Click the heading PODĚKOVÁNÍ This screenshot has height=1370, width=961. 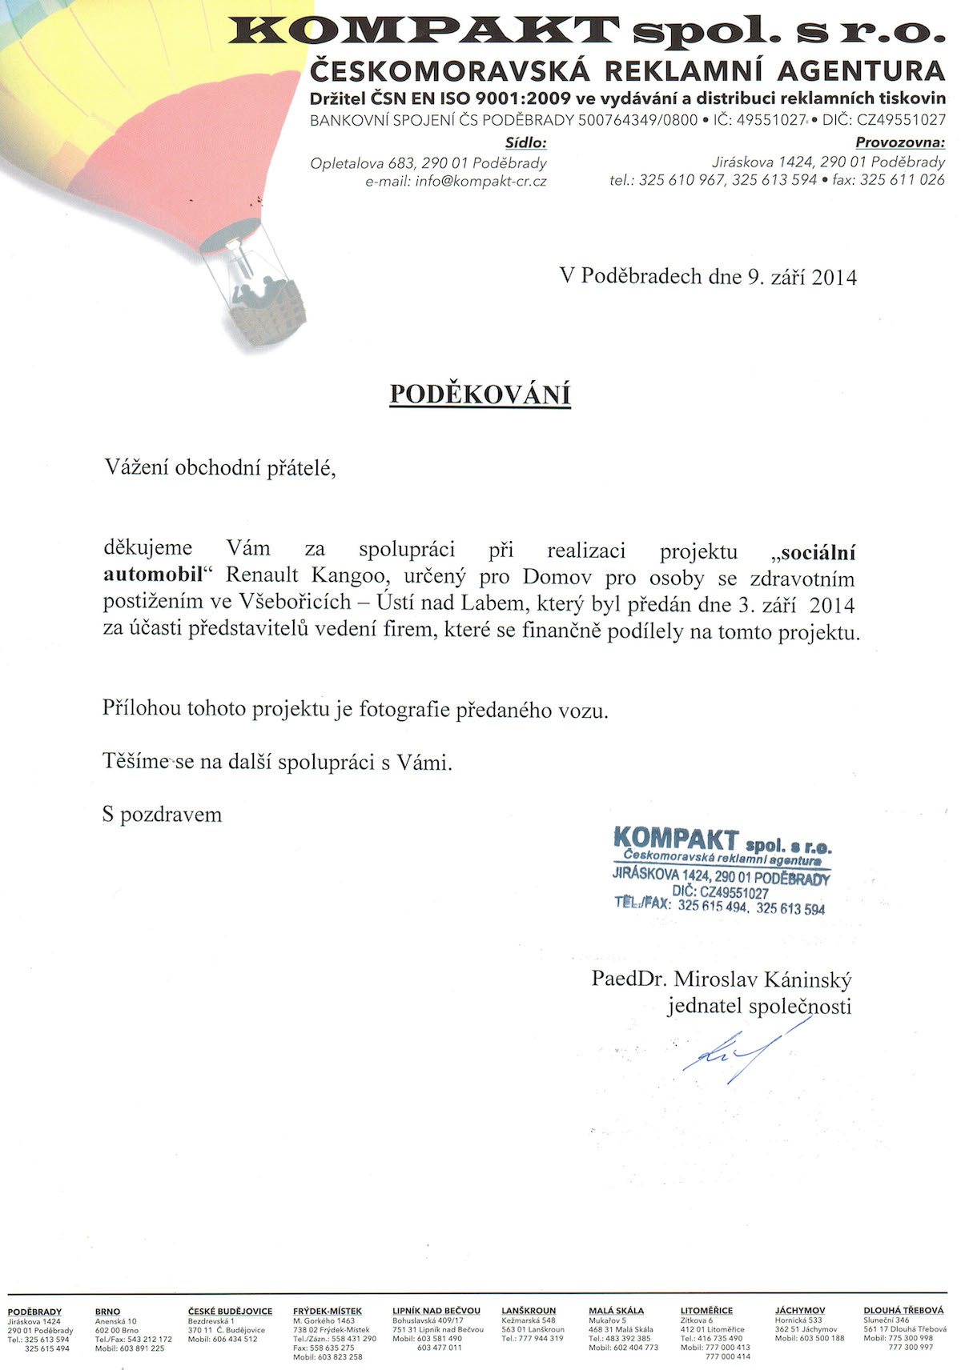[480, 395]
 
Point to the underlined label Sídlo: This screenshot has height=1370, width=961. [525, 143]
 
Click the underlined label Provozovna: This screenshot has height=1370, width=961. [900, 143]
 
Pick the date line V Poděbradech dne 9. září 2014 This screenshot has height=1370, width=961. [708, 277]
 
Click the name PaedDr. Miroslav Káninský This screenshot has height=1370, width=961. [722, 979]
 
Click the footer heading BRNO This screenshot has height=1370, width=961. [107, 1312]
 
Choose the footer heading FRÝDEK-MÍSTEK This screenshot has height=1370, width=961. [328, 1312]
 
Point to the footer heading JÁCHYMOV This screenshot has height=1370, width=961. [800, 1312]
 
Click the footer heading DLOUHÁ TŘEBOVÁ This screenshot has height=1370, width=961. [903, 1312]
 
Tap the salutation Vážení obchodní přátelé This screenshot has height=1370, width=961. [219, 468]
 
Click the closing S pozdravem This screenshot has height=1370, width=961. [163, 815]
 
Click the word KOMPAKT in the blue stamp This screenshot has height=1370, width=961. [675, 839]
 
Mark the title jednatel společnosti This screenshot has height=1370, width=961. [759, 1007]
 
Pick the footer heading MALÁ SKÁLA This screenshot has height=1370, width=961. [616, 1312]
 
